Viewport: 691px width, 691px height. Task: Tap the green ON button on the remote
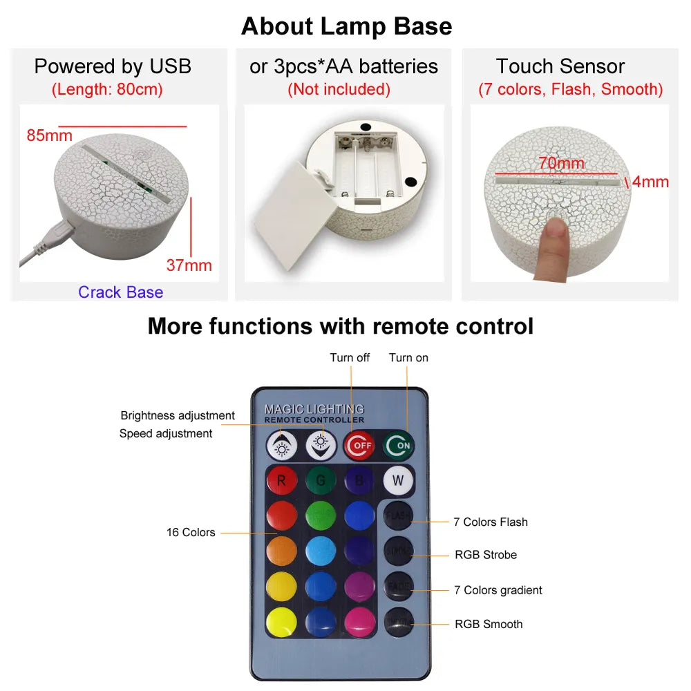point(399,445)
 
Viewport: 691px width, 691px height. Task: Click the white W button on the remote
point(399,480)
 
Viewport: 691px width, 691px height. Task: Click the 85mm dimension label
point(49,135)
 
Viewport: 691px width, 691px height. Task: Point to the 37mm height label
point(189,265)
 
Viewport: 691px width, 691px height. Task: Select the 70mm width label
point(562,164)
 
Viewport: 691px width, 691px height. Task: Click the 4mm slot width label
point(650,182)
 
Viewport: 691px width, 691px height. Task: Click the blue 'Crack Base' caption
point(120,292)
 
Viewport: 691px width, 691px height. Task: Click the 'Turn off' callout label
point(350,357)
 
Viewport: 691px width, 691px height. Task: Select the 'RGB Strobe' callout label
point(485,555)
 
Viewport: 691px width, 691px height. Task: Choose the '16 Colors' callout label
point(191,533)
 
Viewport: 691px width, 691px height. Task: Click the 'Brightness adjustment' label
point(178,415)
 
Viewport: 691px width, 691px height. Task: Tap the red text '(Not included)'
point(339,89)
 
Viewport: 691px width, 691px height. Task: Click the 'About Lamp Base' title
point(346,26)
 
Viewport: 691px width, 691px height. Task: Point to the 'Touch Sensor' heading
point(560,66)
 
